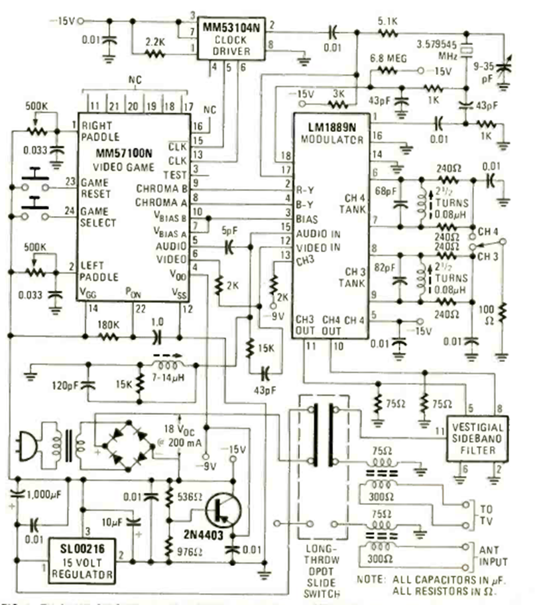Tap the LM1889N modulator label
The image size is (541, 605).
tap(331, 127)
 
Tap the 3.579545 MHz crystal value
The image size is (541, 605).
tap(435, 48)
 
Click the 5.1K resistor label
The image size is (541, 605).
tap(387, 20)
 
